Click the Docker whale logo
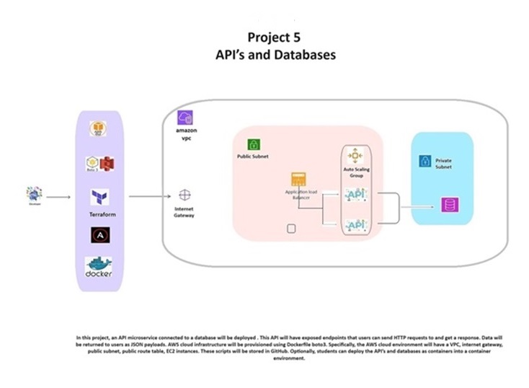[x=99, y=268]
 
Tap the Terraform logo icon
[x=99, y=197]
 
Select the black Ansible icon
[x=99, y=235]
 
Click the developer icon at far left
[x=33, y=193]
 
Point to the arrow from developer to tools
[x=59, y=196]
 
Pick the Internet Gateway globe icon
[x=185, y=195]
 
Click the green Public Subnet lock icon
[x=254, y=144]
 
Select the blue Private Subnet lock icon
[x=425, y=161]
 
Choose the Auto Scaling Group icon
[x=355, y=155]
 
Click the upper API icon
[x=355, y=195]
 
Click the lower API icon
[x=355, y=226]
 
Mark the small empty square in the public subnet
[x=292, y=229]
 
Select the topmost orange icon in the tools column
[x=99, y=129]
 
